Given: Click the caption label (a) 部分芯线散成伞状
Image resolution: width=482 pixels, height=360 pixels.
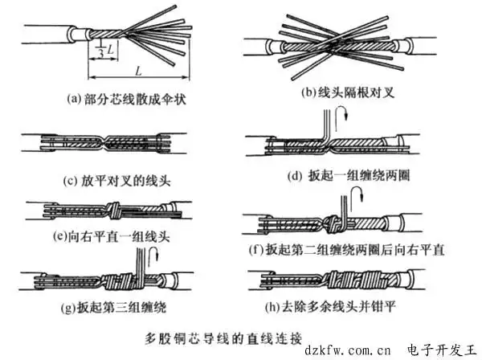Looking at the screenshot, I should pyautogui.click(x=125, y=99).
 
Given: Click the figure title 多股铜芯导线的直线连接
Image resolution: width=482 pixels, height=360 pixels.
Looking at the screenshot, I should pyautogui.click(x=223, y=333).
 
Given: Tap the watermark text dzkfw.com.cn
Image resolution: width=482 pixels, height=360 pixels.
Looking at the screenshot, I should pyautogui.click(x=347, y=350).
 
